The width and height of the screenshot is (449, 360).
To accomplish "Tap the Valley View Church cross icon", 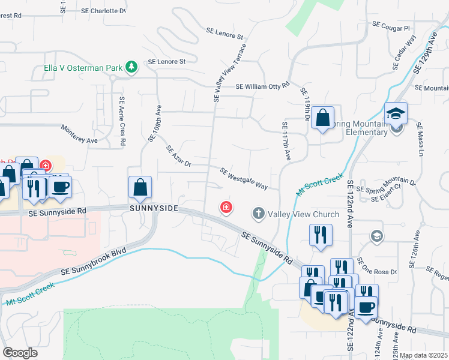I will tap(259, 214).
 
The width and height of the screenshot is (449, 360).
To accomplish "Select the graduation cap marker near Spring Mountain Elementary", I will tap(396, 112).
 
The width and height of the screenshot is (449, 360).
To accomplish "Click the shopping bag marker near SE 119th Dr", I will tap(323, 118).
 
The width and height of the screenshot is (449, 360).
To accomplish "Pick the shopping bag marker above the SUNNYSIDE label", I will tap(140, 187).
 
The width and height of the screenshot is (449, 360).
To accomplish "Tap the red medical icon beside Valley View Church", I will tap(226, 208).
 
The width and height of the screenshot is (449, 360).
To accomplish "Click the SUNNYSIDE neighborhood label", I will tap(154, 208).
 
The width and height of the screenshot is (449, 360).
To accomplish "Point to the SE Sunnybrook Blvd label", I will tap(97, 263).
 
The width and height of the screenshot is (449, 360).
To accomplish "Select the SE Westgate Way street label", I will tap(244, 178).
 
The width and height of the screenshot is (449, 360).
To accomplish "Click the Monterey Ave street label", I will tap(79, 133).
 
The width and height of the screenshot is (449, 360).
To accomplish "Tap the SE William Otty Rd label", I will tap(263, 86).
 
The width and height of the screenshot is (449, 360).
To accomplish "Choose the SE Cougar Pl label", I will tap(391, 26).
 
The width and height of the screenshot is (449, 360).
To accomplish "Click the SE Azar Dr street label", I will tap(178, 155).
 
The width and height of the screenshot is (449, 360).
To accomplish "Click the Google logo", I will tap(20, 353).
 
